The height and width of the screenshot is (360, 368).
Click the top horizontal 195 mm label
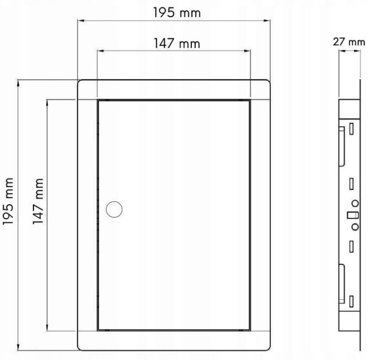coord(177,12)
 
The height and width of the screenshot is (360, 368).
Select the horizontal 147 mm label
coord(177,44)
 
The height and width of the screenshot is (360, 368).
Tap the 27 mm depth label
coord(349,42)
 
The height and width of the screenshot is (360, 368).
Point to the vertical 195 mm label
coord(8,201)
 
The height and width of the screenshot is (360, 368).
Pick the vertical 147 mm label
coord(38,201)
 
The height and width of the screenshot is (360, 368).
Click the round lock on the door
coord(114,209)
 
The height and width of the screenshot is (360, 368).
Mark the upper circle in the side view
coord(355,203)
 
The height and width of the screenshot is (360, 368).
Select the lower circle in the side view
coord(355,227)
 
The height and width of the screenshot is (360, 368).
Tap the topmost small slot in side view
coord(351,129)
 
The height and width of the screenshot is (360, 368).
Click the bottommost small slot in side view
coord(351,301)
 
